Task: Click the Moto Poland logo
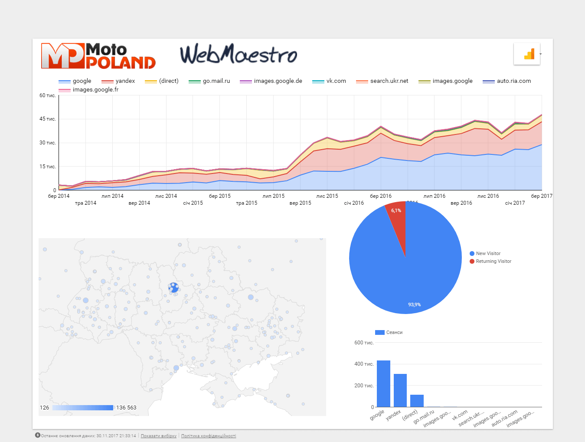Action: click(x=98, y=56)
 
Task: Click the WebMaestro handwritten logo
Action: click(x=239, y=54)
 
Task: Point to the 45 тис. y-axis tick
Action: click(x=48, y=119)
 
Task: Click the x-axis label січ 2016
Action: click(x=354, y=203)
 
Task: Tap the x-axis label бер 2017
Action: click(x=541, y=196)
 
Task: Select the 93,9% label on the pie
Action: click(x=414, y=304)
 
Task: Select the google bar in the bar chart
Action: click(x=383, y=383)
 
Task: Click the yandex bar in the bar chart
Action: click(x=400, y=390)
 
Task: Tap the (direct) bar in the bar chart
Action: click(x=417, y=401)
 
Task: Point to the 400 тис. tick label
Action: click(x=364, y=364)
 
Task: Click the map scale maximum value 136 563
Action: click(x=126, y=408)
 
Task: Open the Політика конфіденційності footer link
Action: click(x=209, y=436)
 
